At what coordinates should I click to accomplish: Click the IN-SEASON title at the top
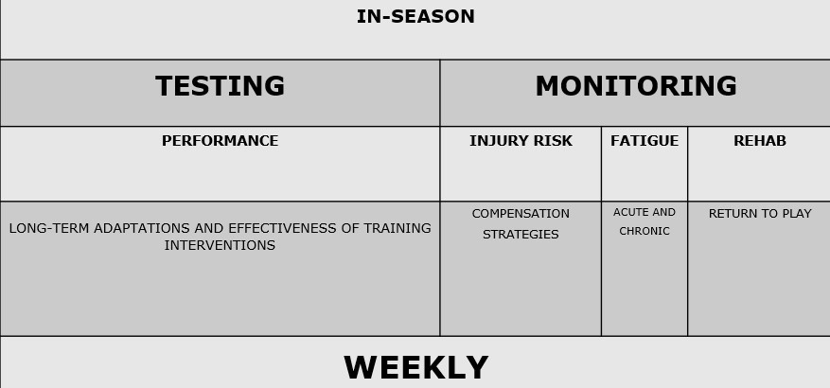point(415,17)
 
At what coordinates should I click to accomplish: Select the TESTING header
point(220,87)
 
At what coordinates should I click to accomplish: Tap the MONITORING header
point(635,87)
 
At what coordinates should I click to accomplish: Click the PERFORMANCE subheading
point(220,141)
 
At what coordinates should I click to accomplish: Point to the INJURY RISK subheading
point(521,141)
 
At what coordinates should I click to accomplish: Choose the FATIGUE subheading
point(645,141)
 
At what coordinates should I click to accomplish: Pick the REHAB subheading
point(759,141)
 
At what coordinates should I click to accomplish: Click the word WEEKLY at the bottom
point(415,368)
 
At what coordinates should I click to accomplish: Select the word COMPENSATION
point(521,214)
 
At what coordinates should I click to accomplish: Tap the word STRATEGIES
point(521,235)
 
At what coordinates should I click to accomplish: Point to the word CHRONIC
point(645,232)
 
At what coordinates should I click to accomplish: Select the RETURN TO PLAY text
point(759,214)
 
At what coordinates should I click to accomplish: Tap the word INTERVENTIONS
point(220,246)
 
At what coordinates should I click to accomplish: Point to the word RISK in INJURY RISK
point(551,141)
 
